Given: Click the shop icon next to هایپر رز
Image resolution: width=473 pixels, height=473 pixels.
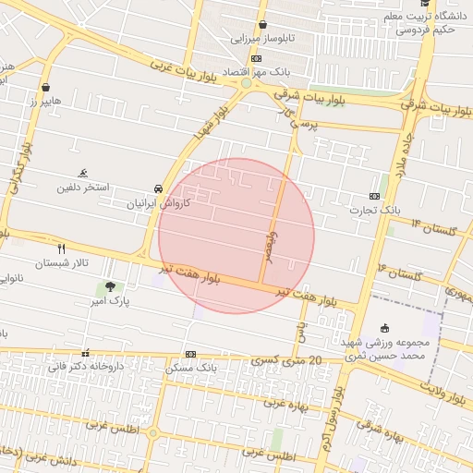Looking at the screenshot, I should click(45, 87).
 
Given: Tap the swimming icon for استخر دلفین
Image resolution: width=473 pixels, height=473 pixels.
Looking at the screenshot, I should click(84, 173).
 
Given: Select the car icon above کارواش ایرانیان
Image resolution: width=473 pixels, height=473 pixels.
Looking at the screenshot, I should click(160, 188).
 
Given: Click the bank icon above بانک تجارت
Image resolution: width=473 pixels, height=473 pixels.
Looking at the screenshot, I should click(374, 196).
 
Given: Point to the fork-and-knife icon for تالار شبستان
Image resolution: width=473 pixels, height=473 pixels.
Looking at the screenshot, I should click(62, 249).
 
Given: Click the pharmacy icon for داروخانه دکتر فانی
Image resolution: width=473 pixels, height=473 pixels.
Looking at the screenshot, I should click(86, 352).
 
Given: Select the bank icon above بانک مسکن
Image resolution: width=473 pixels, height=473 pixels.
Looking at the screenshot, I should click(190, 354).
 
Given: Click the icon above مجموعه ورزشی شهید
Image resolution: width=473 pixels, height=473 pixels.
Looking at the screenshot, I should click(385, 329).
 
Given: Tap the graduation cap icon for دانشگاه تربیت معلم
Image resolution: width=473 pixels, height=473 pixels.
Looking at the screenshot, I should click(384, 16).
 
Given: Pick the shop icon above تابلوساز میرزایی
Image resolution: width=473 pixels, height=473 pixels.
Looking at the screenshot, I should click(263, 25).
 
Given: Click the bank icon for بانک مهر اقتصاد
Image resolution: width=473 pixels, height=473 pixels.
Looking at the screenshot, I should click(256, 58).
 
